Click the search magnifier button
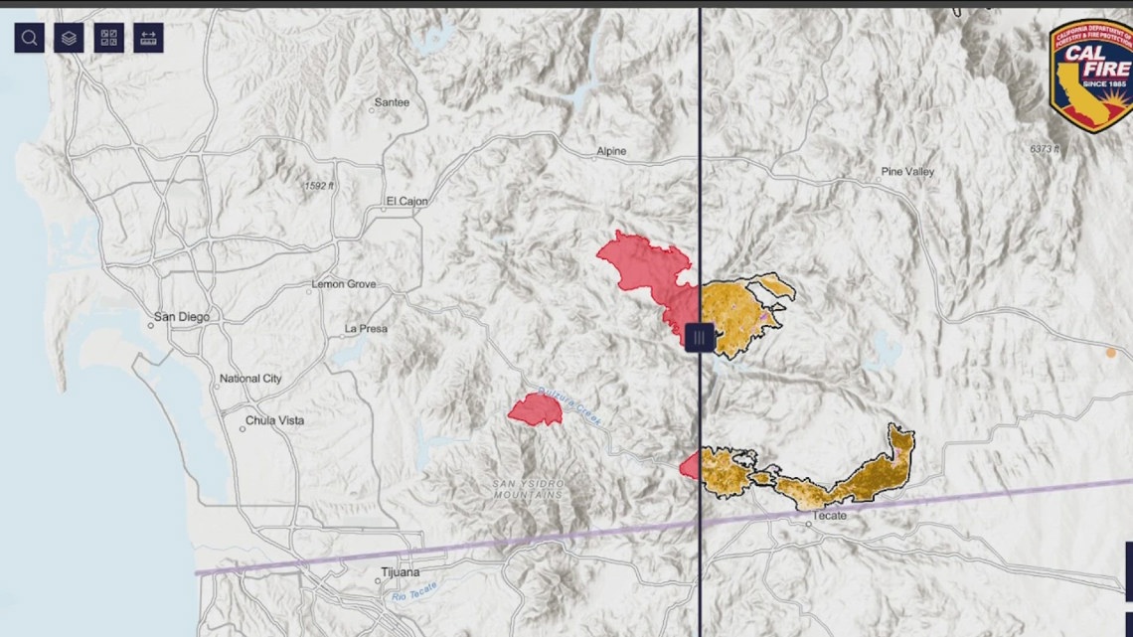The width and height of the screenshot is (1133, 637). point(30,38)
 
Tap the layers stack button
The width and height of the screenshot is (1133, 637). point(69,38)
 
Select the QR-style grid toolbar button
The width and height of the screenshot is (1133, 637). point(108,38)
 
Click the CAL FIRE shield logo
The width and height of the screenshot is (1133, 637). point(1090,74)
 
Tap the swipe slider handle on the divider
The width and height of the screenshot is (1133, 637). point(700,338)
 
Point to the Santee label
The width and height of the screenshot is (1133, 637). point(392,102)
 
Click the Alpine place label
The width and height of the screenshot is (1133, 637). point(611,151)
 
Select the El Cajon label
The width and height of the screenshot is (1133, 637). point(406,202)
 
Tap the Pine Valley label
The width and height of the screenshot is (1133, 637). point(907,172)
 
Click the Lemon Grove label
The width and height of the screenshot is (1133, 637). point(344,284)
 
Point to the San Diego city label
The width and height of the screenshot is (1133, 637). point(181,318)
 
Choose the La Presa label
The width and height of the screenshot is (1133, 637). point(366,328)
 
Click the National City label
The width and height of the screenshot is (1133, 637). point(250,379)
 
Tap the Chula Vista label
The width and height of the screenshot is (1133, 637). point(276,420)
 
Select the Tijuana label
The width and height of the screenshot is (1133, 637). point(401,572)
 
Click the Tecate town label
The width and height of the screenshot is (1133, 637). point(829,516)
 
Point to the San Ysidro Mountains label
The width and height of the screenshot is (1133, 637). point(528,488)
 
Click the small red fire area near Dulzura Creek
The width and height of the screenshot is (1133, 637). point(536,409)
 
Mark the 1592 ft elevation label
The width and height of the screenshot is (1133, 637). point(319,186)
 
